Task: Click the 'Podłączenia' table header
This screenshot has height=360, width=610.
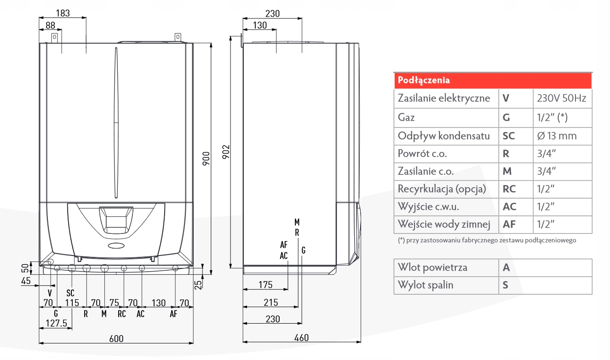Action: (424, 81)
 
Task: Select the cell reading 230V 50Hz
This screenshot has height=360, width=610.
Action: (562, 98)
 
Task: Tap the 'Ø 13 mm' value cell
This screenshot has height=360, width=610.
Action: (556, 136)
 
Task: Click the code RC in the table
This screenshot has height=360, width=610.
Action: (509, 188)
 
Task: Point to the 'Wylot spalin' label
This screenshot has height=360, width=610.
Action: (426, 285)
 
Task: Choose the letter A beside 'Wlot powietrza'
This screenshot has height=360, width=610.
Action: (506, 267)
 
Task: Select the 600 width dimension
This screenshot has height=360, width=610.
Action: (116, 338)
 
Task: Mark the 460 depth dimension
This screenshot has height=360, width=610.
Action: (301, 338)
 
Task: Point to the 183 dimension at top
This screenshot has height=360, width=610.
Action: (63, 13)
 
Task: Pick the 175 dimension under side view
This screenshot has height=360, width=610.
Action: (265, 285)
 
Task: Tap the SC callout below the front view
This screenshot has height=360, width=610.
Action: (70, 293)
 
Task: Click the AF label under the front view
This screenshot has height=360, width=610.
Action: (173, 314)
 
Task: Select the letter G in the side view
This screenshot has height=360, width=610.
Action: (303, 250)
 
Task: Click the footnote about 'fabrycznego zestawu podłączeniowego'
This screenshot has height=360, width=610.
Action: (487, 240)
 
